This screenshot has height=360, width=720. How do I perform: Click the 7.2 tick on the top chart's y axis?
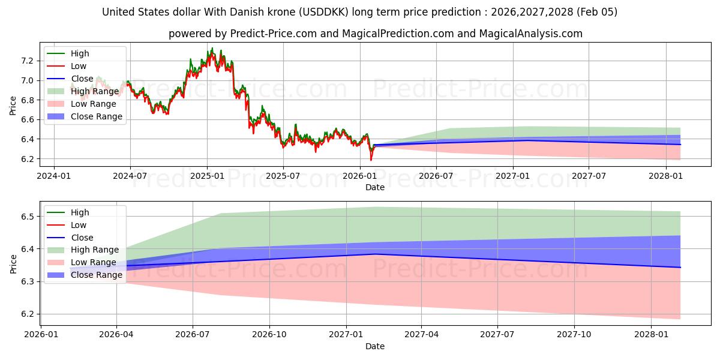[x=27, y=61]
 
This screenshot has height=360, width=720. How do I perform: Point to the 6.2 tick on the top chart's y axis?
[x=27, y=159]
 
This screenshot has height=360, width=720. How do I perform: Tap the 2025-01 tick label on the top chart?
[x=207, y=176]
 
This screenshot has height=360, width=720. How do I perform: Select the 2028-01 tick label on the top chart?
[x=665, y=176]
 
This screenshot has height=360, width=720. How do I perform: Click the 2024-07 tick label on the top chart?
[x=130, y=176]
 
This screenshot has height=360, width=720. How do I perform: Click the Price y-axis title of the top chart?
[x=13, y=106]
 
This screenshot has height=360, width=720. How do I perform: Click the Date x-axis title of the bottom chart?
[x=375, y=346]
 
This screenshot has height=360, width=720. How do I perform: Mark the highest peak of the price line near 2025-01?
[x=212, y=48]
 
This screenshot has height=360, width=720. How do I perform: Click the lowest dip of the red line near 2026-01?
[x=371, y=160]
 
